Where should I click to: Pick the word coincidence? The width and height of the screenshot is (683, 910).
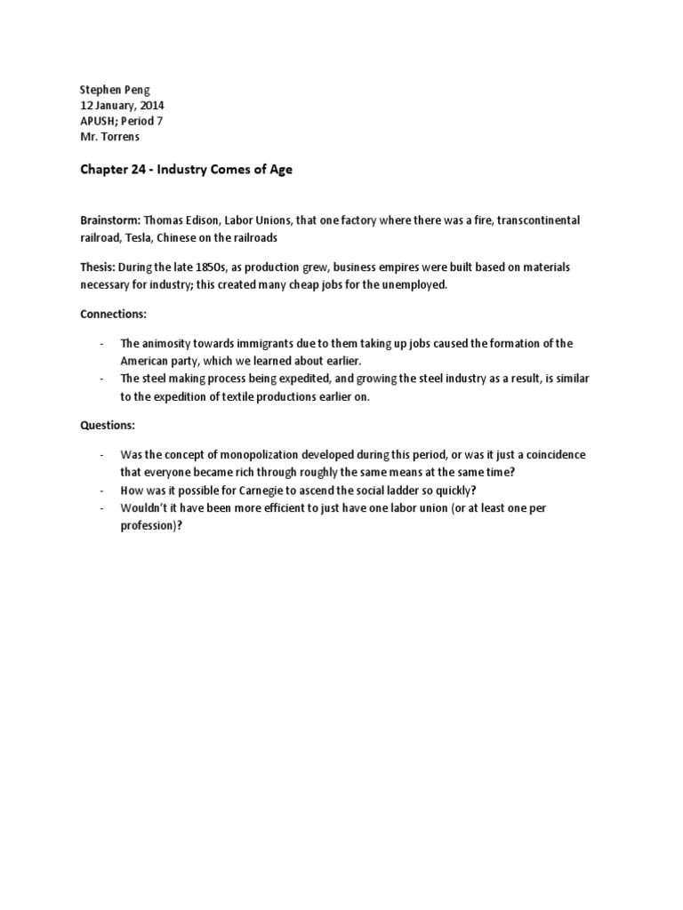click(x=553, y=455)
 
